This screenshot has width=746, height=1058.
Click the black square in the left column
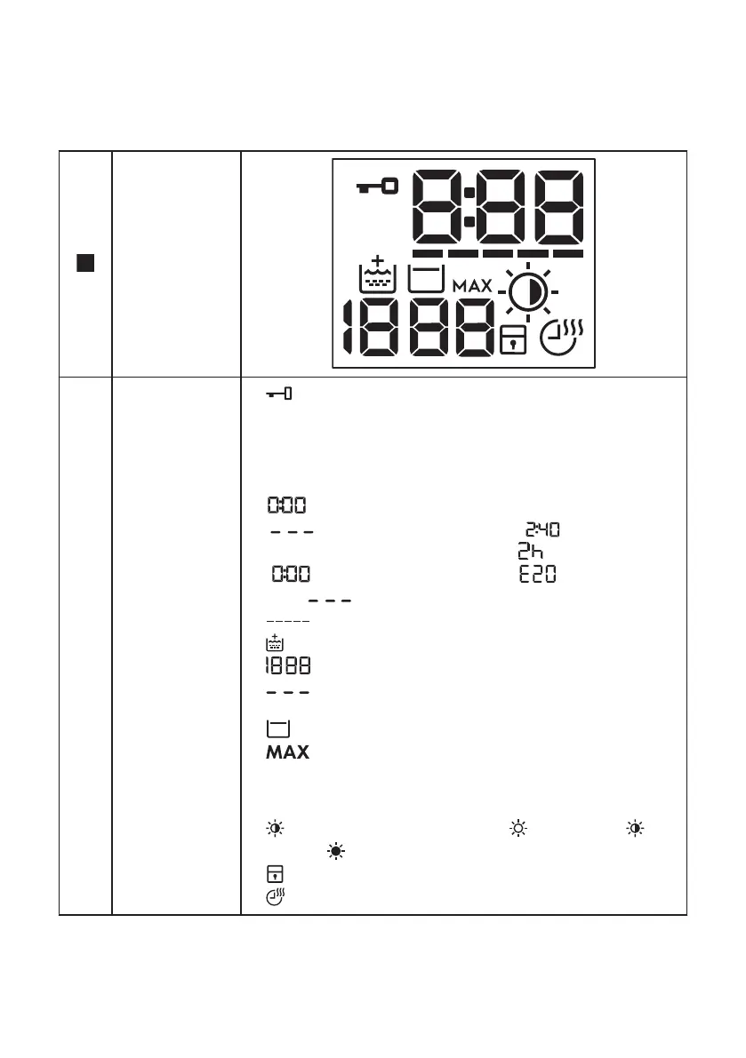[86, 263]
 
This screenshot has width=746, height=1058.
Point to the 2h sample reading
[531, 553]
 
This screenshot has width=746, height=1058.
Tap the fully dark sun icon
[336, 851]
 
